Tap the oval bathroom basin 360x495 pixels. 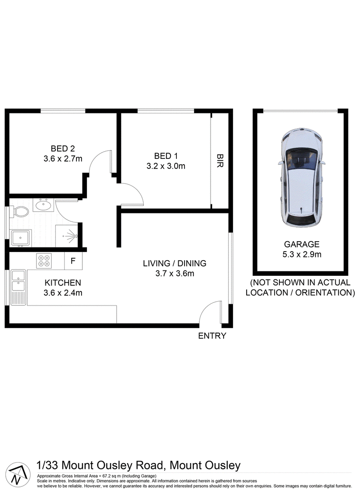44,205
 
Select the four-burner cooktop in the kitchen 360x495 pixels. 44,261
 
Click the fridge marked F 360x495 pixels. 73,261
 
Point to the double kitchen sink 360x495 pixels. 18,287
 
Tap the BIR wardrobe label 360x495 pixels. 220,161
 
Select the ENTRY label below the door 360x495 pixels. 212,336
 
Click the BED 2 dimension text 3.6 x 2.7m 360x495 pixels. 63,158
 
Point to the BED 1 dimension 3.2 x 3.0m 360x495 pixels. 166,166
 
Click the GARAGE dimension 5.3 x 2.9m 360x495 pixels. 302,254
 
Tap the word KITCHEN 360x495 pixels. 63,283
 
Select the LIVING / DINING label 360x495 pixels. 175,263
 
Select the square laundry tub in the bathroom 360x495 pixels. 21,238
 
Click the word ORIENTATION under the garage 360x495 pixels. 323,292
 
